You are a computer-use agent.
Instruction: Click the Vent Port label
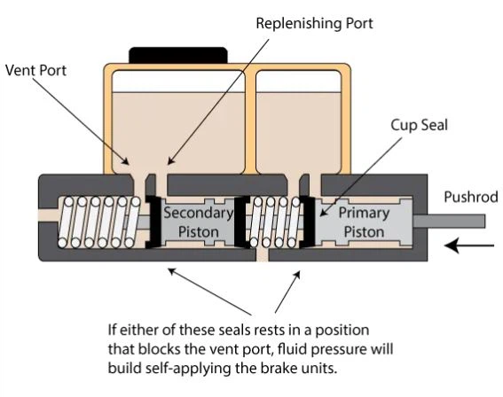pyautogui.click(x=35, y=71)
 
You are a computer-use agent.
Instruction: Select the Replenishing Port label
pyautogui.click(x=314, y=23)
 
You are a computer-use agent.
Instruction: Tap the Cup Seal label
pyautogui.click(x=419, y=125)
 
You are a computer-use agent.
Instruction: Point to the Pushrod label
pyautogui.click(x=471, y=197)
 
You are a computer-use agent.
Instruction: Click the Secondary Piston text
pyautogui.click(x=199, y=222)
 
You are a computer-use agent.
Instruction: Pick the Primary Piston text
pyautogui.click(x=364, y=222)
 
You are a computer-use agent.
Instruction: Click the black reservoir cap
pyautogui.click(x=178, y=55)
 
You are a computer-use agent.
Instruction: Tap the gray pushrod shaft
pyautogui.click(x=449, y=221)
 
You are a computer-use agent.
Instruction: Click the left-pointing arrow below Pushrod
pyautogui.click(x=469, y=245)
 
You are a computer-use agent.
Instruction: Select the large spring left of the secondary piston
pyautogui.click(x=99, y=222)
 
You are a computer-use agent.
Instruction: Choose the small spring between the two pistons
pyautogui.click(x=275, y=222)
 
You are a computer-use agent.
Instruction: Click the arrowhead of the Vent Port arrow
pyautogui.click(x=126, y=161)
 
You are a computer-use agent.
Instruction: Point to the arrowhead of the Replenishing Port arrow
pyautogui.click(x=170, y=161)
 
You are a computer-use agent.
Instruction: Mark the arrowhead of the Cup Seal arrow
pyautogui.click(x=323, y=213)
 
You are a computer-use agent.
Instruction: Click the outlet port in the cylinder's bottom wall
pyautogui.click(x=262, y=254)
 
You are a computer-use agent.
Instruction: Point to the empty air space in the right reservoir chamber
pyautogui.click(x=298, y=82)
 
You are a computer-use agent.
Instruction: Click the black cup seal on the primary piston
pyautogui.click(x=308, y=222)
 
